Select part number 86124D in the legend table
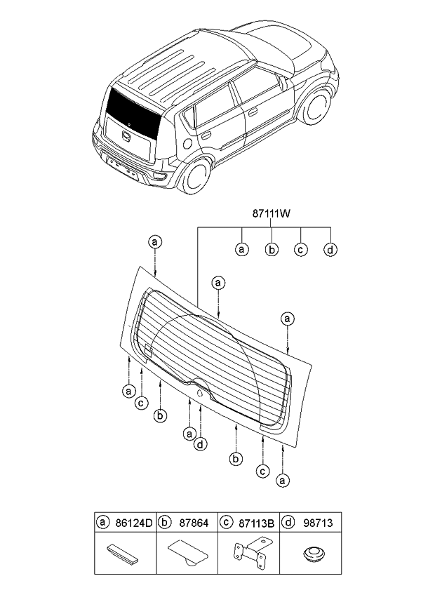(x=133, y=522)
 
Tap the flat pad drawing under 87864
(x=187, y=553)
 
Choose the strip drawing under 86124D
(x=125, y=553)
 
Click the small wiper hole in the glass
(x=201, y=395)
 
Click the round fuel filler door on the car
(x=187, y=143)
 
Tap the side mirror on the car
(x=284, y=82)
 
